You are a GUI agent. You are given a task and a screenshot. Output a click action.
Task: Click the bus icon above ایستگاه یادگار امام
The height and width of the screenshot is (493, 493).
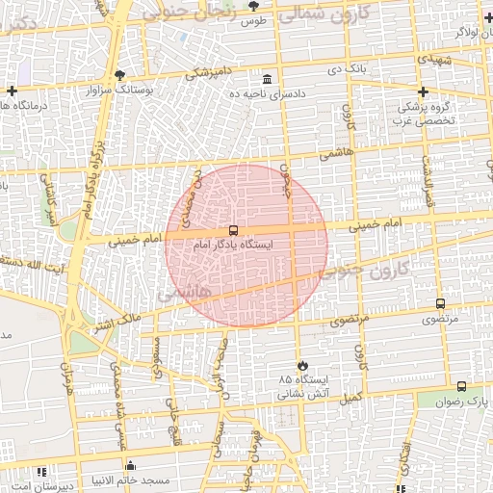tap(233, 231)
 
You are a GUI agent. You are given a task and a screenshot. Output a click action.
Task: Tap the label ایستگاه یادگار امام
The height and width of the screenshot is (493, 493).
tap(233, 246)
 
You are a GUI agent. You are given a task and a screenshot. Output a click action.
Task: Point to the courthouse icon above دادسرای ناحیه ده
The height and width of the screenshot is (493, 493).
tap(267, 79)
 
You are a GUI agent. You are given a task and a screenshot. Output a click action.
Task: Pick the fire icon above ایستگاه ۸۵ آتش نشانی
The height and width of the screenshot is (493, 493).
tap(303, 366)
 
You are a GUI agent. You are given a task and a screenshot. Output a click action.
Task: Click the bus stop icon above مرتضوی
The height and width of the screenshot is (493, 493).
tap(440, 303)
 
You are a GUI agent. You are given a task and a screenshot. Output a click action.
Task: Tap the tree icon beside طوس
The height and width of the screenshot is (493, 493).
tap(253, 7)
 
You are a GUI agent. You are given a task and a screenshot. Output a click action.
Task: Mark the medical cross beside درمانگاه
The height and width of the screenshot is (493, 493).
tap(12, 91)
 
